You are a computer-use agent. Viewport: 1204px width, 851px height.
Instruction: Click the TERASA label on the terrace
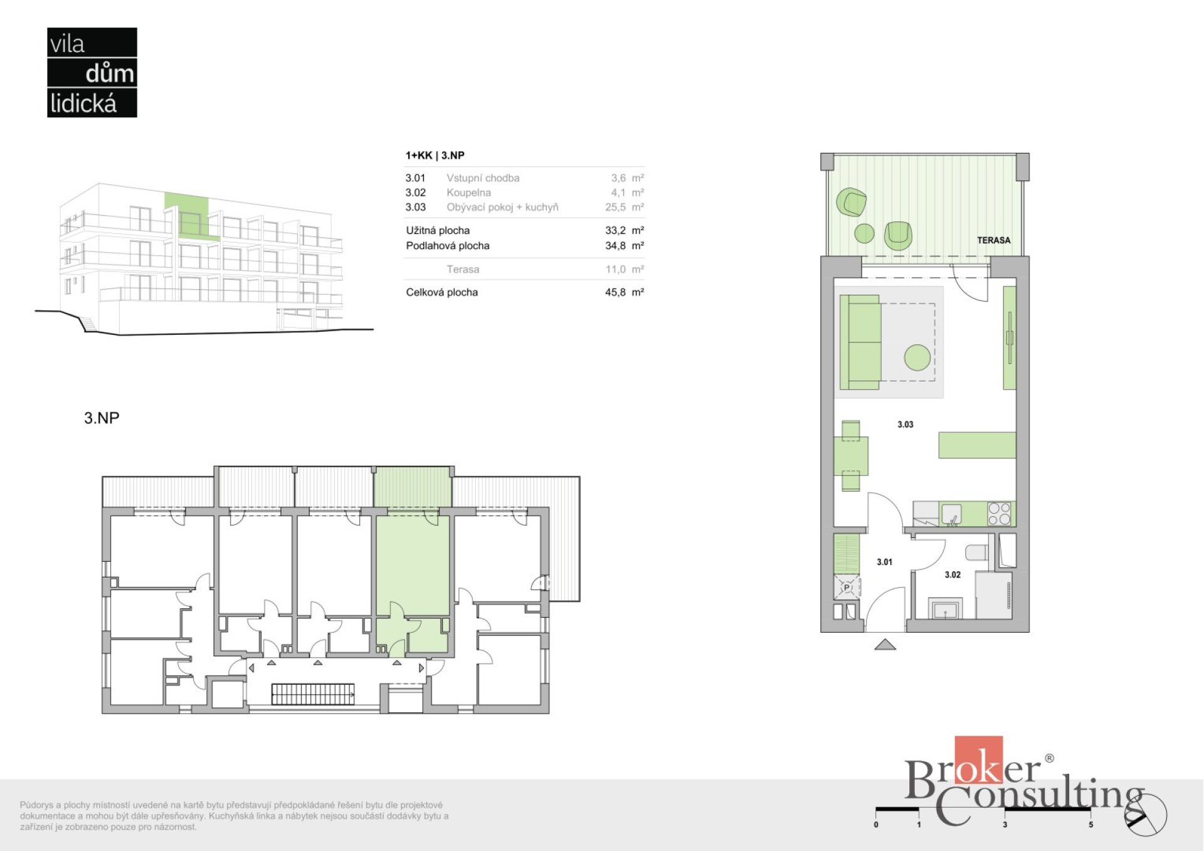pos(993,240)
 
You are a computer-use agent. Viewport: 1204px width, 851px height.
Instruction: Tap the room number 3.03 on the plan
pos(905,425)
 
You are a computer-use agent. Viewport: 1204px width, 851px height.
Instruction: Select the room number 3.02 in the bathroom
pos(953,574)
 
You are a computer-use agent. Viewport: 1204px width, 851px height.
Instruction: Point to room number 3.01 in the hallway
pos(884,562)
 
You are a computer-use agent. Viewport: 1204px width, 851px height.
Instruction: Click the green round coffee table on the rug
pos(917,357)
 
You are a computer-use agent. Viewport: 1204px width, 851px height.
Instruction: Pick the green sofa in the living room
pos(860,342)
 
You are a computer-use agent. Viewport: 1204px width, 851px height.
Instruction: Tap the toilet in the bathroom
pos(976,553)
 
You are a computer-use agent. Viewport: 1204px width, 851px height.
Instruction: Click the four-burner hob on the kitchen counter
pos(999,513)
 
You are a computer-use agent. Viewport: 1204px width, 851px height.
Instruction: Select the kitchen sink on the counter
pos(951,514)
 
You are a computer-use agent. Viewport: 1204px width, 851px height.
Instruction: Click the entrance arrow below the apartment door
pos(885,644)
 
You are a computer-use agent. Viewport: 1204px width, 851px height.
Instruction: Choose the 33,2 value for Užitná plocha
pos(615,230)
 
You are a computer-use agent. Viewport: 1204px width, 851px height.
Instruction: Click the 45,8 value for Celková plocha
pos(615,292)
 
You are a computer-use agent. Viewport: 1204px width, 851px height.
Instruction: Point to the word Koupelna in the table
pos(468,193)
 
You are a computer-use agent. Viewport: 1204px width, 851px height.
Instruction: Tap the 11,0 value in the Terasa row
pos(615,269)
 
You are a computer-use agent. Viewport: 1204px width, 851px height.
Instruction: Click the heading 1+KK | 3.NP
pos(435,156)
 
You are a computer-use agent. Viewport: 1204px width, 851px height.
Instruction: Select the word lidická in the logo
pos(83,103)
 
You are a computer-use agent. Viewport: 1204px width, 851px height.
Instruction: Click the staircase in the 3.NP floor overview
pos(312,694)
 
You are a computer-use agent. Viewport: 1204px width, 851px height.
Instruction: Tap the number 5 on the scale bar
pos(1091,825)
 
